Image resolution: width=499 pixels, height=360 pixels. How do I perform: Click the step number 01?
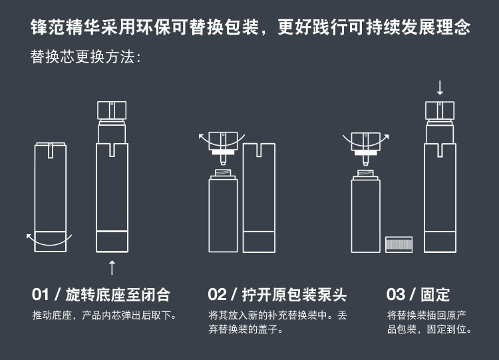[x=41, y=294]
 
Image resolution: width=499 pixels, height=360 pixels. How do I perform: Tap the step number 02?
[x=217, y=294]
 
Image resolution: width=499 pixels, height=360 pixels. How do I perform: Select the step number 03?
[x=396, y=294]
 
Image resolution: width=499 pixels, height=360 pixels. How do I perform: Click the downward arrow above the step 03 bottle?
[x=440, y=88]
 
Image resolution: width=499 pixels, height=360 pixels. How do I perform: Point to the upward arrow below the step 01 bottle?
[x=112, y=268]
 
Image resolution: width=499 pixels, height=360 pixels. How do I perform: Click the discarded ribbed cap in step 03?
[x=399, y=244]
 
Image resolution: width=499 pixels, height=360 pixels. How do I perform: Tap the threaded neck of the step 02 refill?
[x=223, y=173]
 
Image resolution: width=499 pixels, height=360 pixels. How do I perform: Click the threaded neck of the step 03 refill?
[x=366, y=173]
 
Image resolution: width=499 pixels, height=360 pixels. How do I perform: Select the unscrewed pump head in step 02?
[x=223, y=147]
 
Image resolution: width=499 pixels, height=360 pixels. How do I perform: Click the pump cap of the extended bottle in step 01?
[x=112, y=110]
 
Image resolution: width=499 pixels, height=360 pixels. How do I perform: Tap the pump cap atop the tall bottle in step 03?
[x=440, y=110]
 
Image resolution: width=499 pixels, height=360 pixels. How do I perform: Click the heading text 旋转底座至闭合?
[x=118, y=294]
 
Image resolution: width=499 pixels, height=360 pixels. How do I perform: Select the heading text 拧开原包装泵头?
[x=294, y=294]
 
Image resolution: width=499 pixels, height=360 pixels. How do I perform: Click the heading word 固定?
[x=435, y=294]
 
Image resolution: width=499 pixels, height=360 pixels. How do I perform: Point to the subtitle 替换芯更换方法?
[x=86, y=57]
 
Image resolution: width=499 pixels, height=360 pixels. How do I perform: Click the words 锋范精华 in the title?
[x=66, y=27]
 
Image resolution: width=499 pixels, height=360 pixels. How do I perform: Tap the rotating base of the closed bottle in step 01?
[x=51, y=242]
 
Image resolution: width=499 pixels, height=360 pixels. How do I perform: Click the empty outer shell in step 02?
[x=259, y=198]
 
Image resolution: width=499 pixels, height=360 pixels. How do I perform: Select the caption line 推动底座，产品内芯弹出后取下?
[x=104, y=315]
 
